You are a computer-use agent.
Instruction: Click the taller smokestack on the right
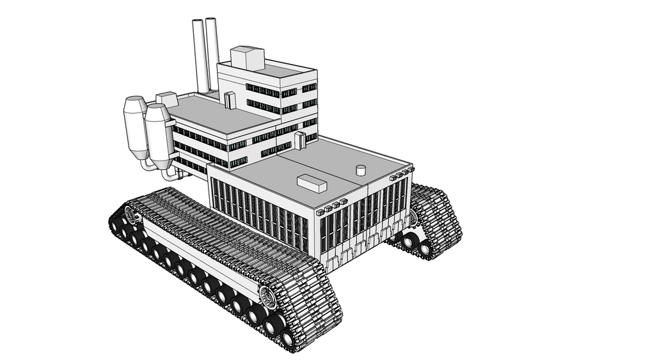[x=212, y=54]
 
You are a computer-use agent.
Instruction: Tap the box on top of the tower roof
[x=248, y=58]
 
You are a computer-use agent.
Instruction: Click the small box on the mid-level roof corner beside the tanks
[x=166, y=99]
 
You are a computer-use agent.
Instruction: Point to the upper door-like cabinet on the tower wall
[x=230, y=100]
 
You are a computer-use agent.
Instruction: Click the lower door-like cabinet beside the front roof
[x=300, y=140]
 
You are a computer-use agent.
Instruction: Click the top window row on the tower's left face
[x=262, y=90]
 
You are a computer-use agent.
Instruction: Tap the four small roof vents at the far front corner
[x=402, y=174]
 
